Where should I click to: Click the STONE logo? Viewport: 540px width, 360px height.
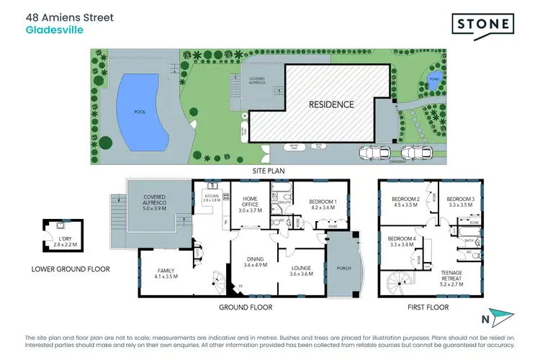click(x=482, y=24)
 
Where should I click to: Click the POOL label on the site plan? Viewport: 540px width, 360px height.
click(x=140, y=112)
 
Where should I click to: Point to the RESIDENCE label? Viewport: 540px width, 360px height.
click(x=331, y=104)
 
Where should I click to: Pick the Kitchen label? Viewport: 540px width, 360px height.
click(x=211, y=197)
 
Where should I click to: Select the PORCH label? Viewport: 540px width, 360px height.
click(x=343, y=269)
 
